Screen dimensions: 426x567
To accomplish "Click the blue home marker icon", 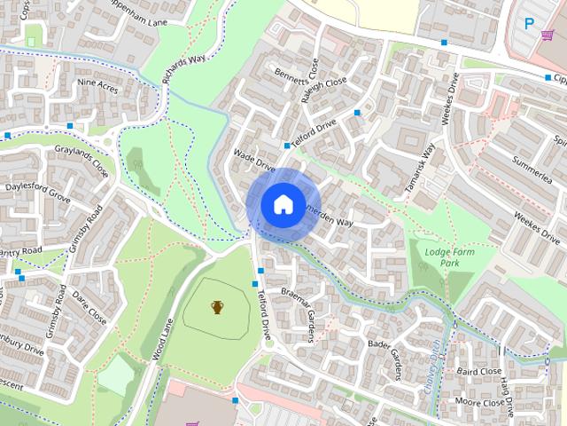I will pos(282,205).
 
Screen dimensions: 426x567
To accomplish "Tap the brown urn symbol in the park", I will pos(217,307).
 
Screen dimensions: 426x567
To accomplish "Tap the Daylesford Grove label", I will pos(37,193).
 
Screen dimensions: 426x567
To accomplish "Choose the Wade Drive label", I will pos(254,160).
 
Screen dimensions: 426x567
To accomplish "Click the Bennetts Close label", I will pos(294,84).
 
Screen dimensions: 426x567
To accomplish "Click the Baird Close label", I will pos(479,372).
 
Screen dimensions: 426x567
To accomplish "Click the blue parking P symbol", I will pos(530,24).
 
